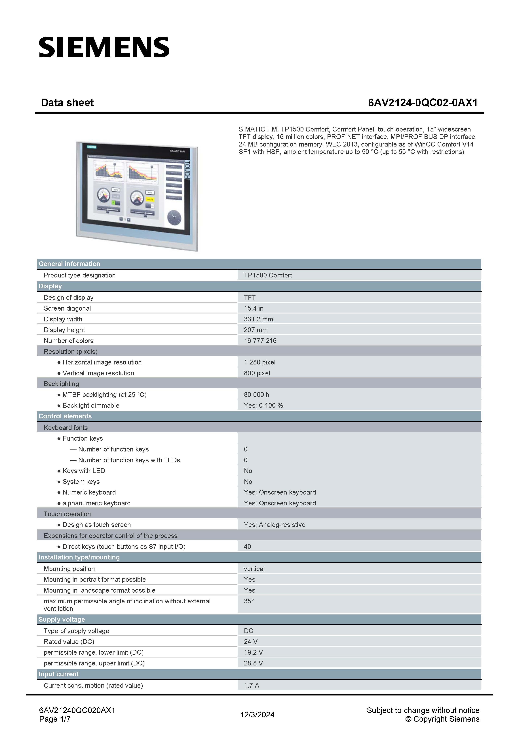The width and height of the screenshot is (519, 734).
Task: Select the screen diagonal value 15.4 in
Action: tap(254, 308)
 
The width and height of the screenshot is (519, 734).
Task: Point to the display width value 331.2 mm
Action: tap(258, 319)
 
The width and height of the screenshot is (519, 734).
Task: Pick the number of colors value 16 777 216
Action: tap(260, 340)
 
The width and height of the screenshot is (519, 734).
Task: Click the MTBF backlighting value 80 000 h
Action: tap(256, 394)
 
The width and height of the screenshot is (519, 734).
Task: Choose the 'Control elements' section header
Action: tap(65, 416)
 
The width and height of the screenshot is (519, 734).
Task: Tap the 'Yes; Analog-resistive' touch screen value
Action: tap(274, 525)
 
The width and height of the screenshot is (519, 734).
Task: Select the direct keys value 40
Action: tap(248, 546)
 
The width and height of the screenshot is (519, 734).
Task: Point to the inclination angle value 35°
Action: tap(249, 601)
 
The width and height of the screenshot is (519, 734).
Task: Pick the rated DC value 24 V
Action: tap(250, 642)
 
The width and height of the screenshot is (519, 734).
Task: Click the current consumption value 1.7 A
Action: tap(251, 685)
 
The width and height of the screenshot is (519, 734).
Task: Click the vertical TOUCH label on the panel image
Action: tap(187, 170)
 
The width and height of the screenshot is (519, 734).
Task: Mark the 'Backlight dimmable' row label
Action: tap(91, 405)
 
